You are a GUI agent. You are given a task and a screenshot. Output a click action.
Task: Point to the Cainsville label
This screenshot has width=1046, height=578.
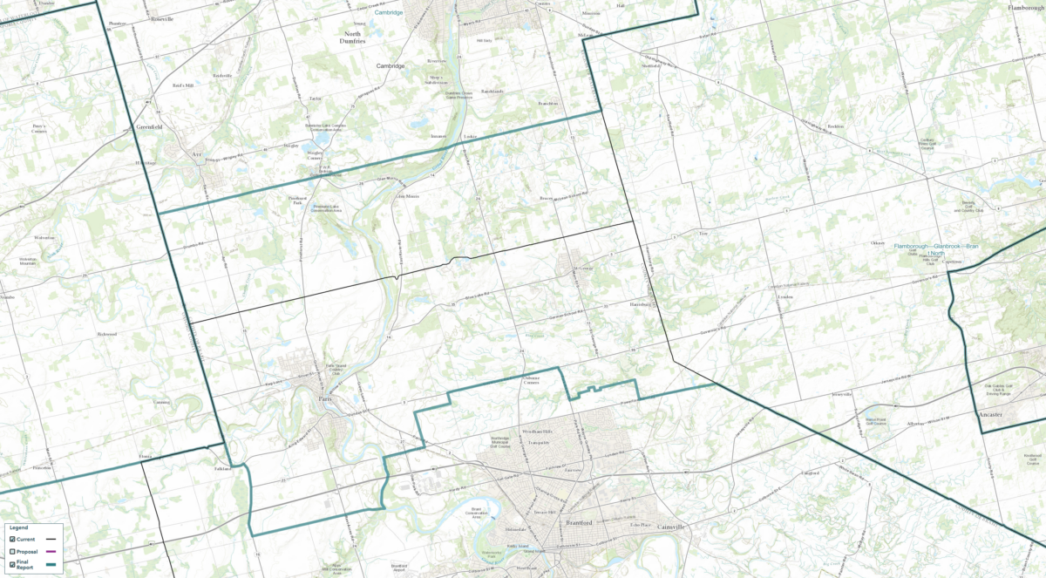[x=671, y=527]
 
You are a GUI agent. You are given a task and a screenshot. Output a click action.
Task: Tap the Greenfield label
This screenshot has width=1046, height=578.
[x=150, y=126]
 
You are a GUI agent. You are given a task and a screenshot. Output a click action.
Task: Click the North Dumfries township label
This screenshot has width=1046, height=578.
[x=353, y=36]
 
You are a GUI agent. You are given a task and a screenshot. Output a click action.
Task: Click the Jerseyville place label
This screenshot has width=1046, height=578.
[x=841, y=394]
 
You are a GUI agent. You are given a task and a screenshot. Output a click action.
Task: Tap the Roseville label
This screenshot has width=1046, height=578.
[x=162, y=19]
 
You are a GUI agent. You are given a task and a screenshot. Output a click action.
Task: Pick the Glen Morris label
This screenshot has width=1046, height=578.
[x=408, y=196]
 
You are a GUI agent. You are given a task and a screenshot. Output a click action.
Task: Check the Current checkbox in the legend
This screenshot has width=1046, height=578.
[x=11, y=539]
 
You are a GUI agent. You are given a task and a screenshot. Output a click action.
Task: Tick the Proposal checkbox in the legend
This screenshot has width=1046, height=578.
[x=11, y=552]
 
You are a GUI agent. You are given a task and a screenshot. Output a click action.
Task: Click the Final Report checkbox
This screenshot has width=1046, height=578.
[x=11, y=565]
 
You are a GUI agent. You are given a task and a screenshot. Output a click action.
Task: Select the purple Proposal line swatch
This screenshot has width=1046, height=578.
[x=51, y=552]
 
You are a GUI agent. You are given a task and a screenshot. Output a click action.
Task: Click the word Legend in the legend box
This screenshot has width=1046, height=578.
[x=18, y=527]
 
